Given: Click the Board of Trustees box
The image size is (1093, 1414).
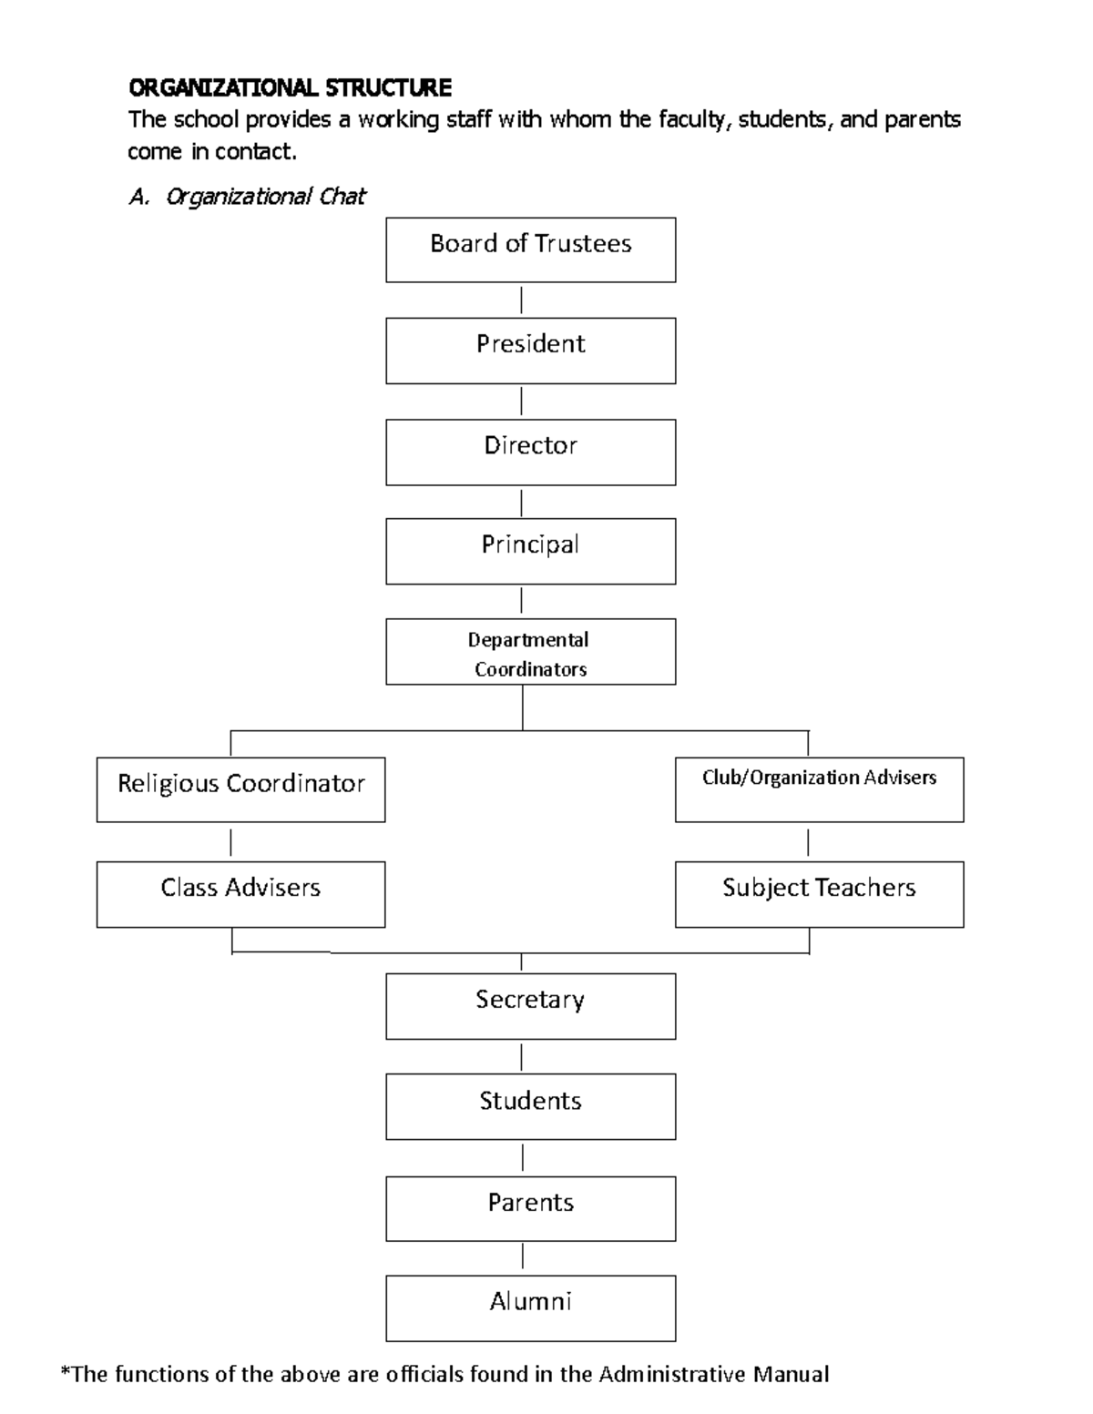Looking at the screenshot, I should pyautogui.click(x=530, y=249).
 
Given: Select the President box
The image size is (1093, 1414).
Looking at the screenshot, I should pyautogui.click(x=530, y=350).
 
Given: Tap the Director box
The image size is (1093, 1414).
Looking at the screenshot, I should pyautogui.click(x=530, y=452).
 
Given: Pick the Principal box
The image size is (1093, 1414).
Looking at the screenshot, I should pyautogui.click(x=530, y=551).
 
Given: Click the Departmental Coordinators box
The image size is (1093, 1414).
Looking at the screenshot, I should pyautogui.click(x=530, y=652).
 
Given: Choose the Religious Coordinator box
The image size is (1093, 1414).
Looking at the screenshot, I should pyautogui.click(x=240, y=789).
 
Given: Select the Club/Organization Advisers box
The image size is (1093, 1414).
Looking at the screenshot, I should pyautogui.click(x=819, y=789).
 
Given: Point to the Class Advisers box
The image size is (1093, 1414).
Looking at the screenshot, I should pyautogui.click(x=240, y=894).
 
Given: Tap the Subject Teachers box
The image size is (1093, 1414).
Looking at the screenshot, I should pyautogui.click(x=819, y=894).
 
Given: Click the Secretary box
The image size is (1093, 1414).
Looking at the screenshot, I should pyautogui.click(x=530, y=1006).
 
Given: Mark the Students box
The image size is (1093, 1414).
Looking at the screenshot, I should pyautogui.click(x=530, y=1106).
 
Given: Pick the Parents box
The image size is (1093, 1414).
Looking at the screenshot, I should pyautogui.click(x=530, y=1208).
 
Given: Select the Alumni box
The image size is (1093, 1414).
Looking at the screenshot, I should pyautogui.click(x=530, y=1307).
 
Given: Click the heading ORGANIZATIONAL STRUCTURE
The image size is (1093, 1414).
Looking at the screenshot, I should pyautogui.click(x=290, y=88).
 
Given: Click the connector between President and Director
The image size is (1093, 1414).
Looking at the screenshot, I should pyautogui.click(x=522, y=401).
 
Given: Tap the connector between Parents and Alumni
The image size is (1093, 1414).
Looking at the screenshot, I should pyautogui.click(x=523, y=1257).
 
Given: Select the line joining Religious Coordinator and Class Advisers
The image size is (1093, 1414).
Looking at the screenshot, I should pyautogui.click(x=231, y=842).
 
